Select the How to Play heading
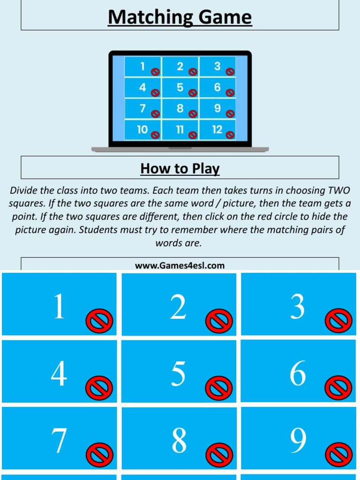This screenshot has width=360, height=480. click(180, 168)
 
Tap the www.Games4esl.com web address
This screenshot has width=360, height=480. click(180, 266)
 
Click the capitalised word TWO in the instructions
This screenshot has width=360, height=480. click(339, 191)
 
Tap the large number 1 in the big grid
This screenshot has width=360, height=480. click(59, 307)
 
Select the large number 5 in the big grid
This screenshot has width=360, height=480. click(178, 374)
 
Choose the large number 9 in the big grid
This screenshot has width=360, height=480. click(298, 441)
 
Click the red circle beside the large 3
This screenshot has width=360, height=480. click(338, 322)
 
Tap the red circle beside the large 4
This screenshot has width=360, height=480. click(99, 389)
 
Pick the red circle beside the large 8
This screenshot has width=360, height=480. click(219, 455)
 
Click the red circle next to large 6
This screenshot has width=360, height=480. click(338, 389)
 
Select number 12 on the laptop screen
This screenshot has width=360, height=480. click(217, 130)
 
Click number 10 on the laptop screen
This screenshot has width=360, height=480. click(142, 130)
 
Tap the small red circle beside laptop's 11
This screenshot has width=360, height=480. click(193, 135)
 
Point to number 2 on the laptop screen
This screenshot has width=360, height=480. click(180, 67)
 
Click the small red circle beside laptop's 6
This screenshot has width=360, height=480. click(230, 93)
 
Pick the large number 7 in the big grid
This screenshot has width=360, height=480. click(59, 441)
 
